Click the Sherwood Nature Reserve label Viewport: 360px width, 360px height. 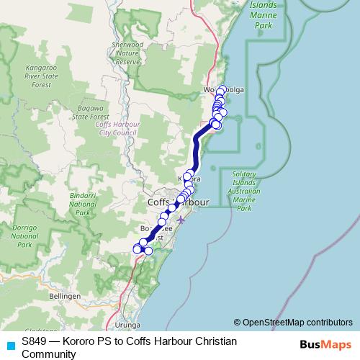click(127, 53)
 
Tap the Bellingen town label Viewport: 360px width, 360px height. click(64, 295)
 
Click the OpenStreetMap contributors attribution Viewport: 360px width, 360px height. click(293, 322)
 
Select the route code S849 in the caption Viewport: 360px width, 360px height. click(35, 341)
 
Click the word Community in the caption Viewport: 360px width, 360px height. click(48, 354)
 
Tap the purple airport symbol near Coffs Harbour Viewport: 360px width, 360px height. click(181, 220)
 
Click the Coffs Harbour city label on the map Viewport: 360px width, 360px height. click(177, 202)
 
